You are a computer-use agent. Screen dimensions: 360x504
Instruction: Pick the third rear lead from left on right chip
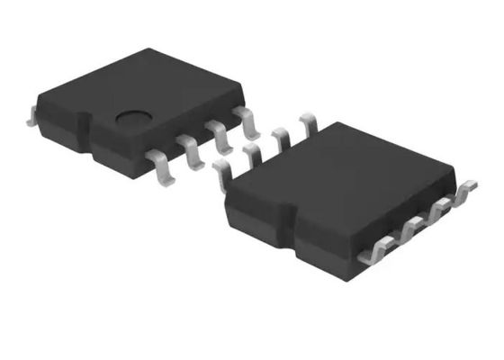(281, 139)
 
